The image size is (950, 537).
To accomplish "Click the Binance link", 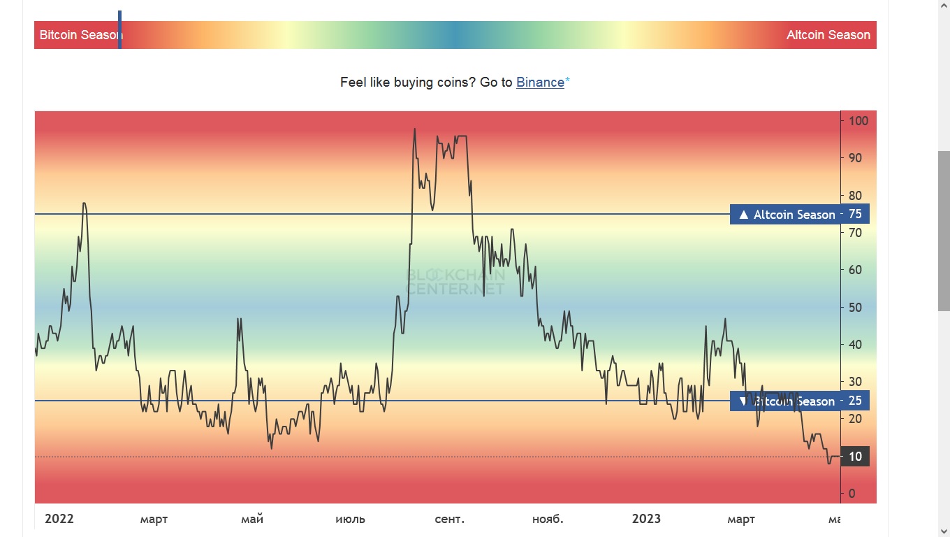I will tap(540, 83).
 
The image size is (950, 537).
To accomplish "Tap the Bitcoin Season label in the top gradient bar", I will tap(78, 35).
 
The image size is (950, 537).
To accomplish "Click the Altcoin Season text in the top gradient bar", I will tap(828, 35).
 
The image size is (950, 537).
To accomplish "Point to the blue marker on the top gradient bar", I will tap(120, 29).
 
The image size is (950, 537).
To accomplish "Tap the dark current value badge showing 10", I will tap(855, 457).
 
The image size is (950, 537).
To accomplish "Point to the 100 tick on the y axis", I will tap(858, 121).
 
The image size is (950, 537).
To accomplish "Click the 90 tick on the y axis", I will tap(855, 158).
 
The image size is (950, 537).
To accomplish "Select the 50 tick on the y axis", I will tap(855, 308).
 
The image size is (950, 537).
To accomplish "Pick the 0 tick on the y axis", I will tap(852, 494).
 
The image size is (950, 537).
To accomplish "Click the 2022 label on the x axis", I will tap(59, 519).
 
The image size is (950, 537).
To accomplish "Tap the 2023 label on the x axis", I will tap(646, 519).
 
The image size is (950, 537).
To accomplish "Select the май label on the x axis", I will tap(251, 520).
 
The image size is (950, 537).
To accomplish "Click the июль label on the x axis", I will tap(350, 520).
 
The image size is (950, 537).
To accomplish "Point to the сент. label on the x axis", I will tap(449, 520).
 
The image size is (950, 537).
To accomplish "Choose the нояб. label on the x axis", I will tap(548, 520).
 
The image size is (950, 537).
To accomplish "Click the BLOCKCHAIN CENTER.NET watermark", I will tap(455, 282).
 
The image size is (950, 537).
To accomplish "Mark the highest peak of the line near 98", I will tap(414, 129).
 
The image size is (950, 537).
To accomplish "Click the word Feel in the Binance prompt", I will tap(353, 83).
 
